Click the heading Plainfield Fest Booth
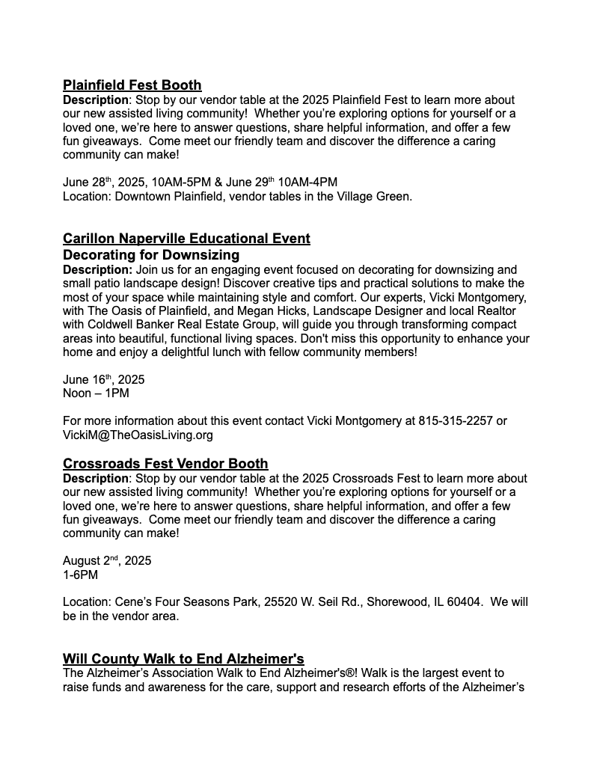pos(132,85)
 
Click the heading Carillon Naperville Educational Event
pos(186,239)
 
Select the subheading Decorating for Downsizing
pos(151,255)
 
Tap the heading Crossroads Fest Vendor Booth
pos(165,464)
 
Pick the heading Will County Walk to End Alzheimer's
pos(183,659)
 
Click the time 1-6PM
pos(80,575)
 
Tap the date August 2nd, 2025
pos(107,561)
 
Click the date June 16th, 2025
pos(104,379)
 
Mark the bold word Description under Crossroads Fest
pos(96,478)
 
